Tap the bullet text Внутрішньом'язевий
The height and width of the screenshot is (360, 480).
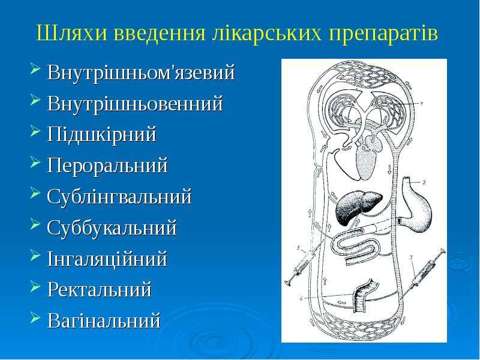coord(141,72)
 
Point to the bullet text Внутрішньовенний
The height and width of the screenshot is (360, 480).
coord(135,103)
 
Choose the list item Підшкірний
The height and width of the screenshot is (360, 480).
coord(101,134)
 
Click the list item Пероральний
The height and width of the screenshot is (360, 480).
coord(107,166)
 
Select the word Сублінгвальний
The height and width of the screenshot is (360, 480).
coord(119,197)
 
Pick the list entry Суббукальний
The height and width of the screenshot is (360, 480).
coord(112,228)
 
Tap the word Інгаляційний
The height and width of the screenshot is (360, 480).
coord(107,259)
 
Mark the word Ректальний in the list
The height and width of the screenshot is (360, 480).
coord(100,290)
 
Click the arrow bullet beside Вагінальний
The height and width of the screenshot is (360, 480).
coord(35,317)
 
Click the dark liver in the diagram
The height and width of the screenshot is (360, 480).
coord(358,208)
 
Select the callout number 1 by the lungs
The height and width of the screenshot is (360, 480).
coord(421,103)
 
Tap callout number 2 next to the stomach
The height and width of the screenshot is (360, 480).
coord(424,182)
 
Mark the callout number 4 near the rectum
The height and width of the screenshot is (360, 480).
coord(301,298)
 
